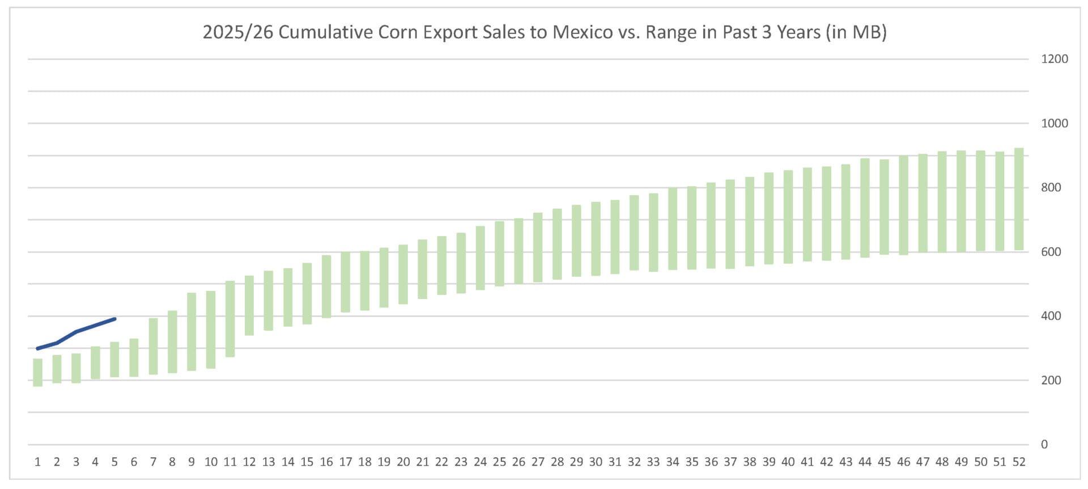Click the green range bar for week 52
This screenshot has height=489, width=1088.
(1019, 199)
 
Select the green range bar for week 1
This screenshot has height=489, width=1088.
(38, 373)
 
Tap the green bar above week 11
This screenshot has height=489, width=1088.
(230, 319)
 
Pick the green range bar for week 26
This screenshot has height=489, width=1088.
(518, 251)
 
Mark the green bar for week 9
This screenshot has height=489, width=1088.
(192, 332)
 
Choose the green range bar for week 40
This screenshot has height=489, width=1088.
(788, 217)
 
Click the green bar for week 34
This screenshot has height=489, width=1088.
(673, 229)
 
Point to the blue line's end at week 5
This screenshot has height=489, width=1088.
(115, 319)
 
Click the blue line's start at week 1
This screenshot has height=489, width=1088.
(37, 348)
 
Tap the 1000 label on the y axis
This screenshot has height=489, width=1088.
(1054, 123)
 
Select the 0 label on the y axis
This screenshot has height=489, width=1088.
(1044, 445)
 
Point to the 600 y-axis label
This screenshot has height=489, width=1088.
(1051, 252)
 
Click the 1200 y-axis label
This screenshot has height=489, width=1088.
(1054, 59)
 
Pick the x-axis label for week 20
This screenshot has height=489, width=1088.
(403, 462)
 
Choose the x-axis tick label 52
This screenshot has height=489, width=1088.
(1019, 462)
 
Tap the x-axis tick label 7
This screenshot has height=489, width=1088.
(153, 462)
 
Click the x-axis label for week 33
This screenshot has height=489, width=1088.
(653, 462)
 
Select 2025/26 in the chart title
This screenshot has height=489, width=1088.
(238, 32)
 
